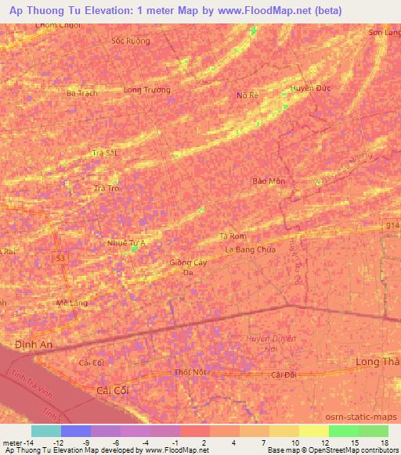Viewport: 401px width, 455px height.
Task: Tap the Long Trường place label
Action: coord(147,90)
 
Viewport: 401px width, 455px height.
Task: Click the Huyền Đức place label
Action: coord(311,88)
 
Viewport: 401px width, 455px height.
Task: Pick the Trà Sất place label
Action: coord(104,153)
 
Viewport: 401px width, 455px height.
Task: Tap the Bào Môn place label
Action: coord(269,181)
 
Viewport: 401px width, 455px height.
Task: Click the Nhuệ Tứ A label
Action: coord(128,243)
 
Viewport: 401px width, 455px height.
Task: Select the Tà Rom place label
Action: coord(233,236)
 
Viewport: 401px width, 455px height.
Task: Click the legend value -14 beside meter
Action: coord(29,442)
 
